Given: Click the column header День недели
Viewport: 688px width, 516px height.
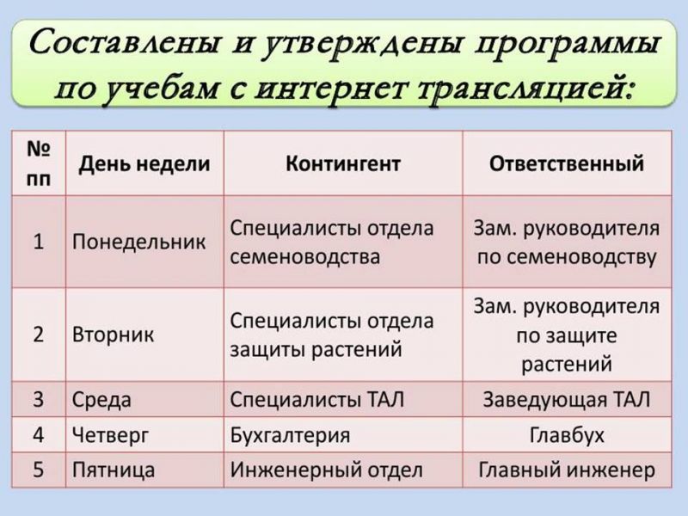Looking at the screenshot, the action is (x=144, y=164).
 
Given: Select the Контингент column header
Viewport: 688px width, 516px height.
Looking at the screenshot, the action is (x=343, y=163).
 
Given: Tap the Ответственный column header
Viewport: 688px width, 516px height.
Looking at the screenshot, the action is (x=567, y=163).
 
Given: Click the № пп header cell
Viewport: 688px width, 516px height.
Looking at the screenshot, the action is (x=39, y=163).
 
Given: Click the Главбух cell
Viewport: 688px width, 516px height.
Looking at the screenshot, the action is (x=567, y=435).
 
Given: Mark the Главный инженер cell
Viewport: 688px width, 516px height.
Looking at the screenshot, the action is (x=567, y=470).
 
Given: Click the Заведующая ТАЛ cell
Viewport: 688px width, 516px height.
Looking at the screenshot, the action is (x=567, y=400).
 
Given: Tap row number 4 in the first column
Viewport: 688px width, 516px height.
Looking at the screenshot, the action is (x=39, y=435).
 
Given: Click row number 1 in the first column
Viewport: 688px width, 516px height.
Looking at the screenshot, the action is (x=39, y=242).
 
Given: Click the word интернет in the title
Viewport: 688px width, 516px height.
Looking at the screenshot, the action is (x=329, y=89).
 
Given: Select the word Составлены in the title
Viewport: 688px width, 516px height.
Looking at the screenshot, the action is (x=124, y=44).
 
